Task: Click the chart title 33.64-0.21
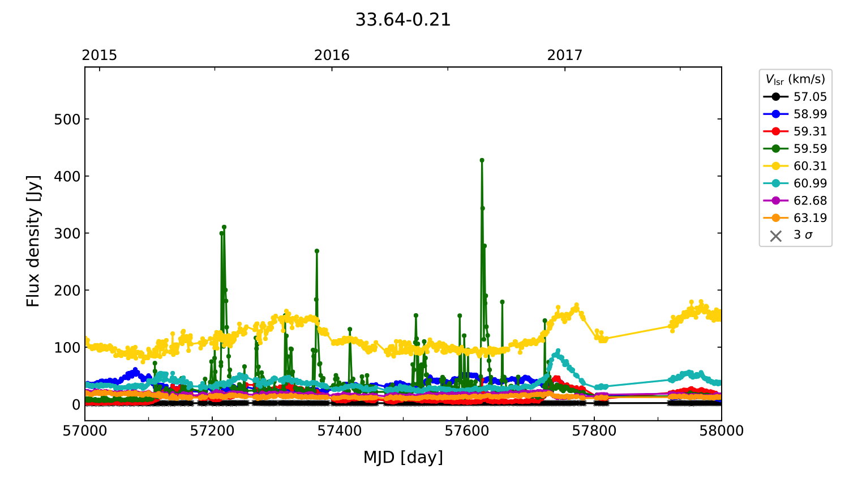(x=402, y=20)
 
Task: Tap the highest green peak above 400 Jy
(x=482, y=160)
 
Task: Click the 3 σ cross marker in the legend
(x=776, y=236)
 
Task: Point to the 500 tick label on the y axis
(x=67, y=119)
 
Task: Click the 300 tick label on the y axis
(x=67, y=233)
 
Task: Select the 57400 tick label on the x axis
(x=340, y=431)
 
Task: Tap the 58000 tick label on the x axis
(x=721, y=431)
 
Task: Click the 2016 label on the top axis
(x=332, y=55)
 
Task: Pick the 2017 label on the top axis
(x=564, y=55)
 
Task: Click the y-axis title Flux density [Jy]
(x=33, y=241)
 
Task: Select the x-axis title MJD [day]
(x=403, y=457)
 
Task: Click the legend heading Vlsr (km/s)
(x=795, y=79)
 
